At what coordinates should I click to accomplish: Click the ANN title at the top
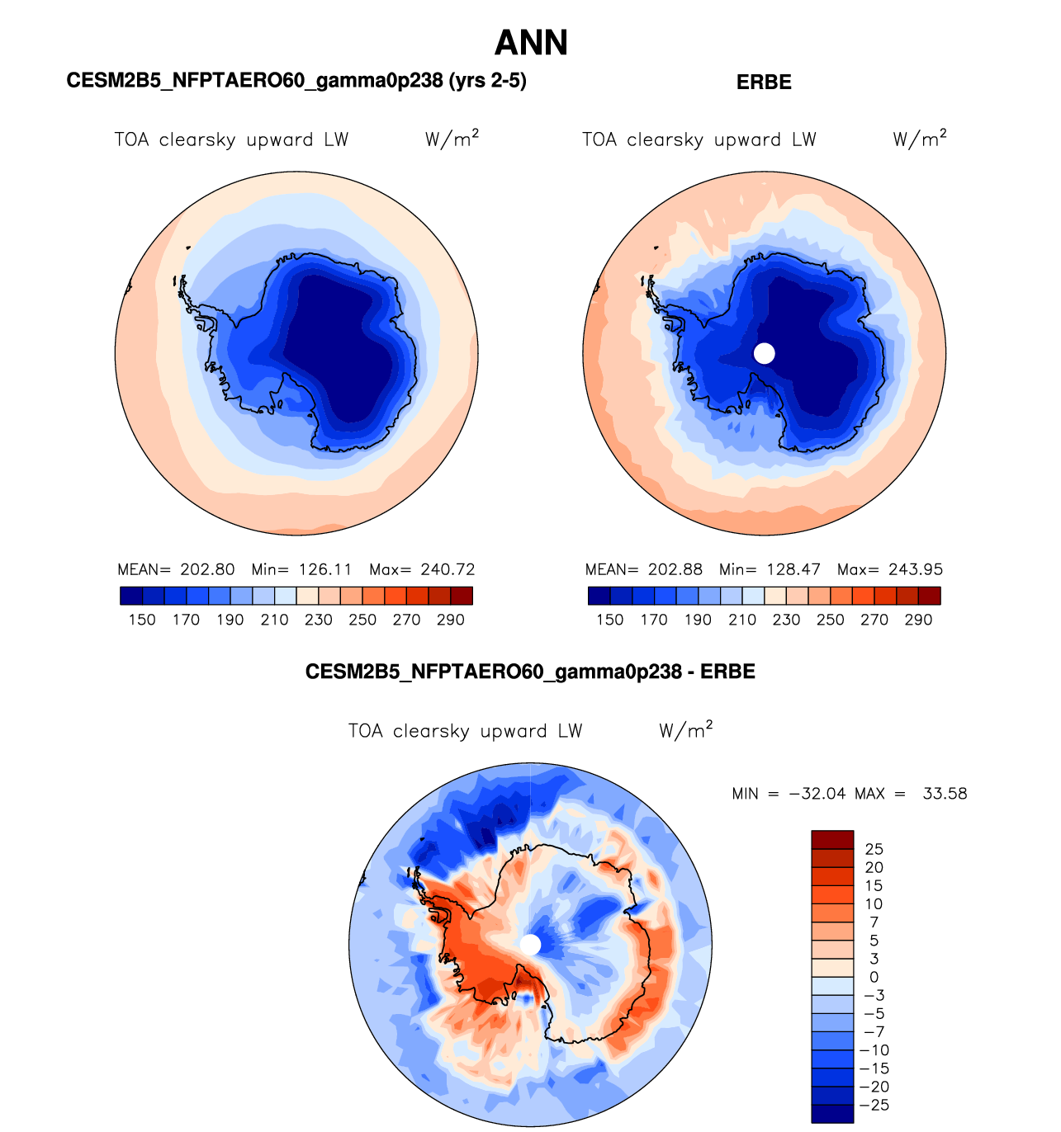[531, 43]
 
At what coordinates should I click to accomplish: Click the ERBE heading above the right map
[764, 83]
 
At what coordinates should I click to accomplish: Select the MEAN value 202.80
[208, 569]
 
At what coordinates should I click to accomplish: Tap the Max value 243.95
[916, 569]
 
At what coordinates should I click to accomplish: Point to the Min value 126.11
[325, 569]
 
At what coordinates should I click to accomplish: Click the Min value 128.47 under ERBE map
[793, 569]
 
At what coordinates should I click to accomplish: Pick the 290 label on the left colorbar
[451, 620]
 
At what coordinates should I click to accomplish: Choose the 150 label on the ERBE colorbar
[609, 620]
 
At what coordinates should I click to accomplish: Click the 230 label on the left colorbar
[319, 620]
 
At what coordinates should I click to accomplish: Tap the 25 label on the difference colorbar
[874, 849]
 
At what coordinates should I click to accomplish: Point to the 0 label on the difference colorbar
[874, 977]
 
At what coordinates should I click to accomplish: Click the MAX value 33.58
[945, 794]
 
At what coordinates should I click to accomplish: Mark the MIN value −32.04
[817, 794]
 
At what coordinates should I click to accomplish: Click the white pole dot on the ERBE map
[765, 353]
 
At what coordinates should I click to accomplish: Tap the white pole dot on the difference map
[530, 945]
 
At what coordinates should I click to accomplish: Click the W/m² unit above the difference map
[685, 730]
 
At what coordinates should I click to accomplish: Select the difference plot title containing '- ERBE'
[530, 672]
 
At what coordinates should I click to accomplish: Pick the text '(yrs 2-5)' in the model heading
[487, 80]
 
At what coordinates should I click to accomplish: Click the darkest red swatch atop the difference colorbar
[832, 840]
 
